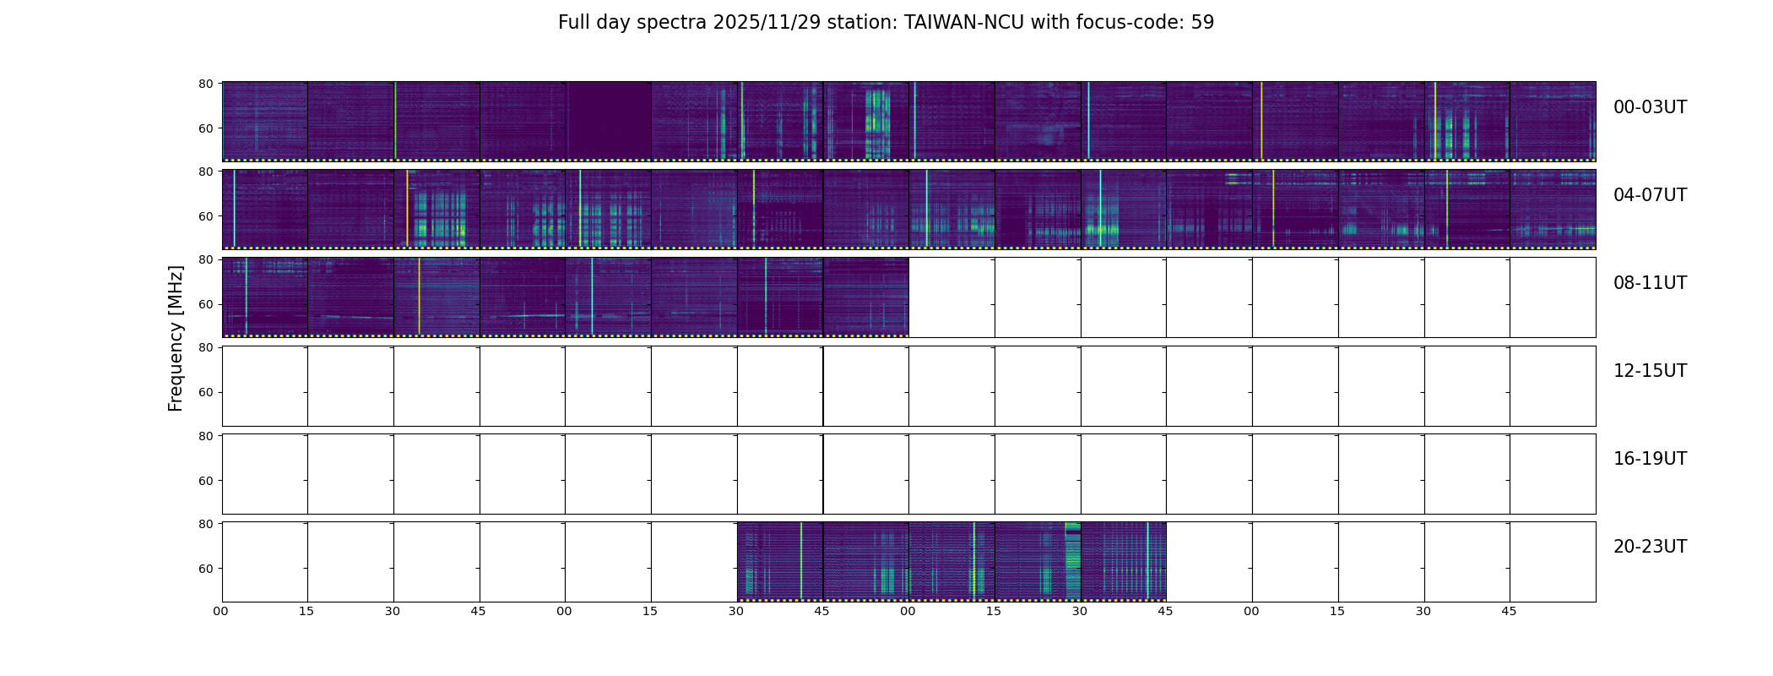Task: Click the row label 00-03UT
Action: pos(1650,107)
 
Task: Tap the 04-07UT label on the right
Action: pos(1650,195)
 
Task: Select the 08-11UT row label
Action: pos(1650,283)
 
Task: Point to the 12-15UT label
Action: pos(1650,371)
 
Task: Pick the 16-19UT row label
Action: pos(1650,459)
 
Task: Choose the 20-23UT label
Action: pos(1650,547)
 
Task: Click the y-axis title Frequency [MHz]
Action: pos(176,338)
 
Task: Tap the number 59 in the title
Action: pos(1202,23)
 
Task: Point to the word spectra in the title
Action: pos(672,23)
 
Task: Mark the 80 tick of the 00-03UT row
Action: pos(205,84)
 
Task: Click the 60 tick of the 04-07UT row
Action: pos(205,216)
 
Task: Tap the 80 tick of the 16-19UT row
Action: pos(205,436)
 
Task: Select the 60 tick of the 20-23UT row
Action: pos(205,569)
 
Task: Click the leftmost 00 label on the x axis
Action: pos(220,611)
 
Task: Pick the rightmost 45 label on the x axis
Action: pos(1509,611)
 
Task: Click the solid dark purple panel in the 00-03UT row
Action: pos(608,120)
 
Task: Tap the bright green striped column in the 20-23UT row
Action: pos(1072,561)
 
